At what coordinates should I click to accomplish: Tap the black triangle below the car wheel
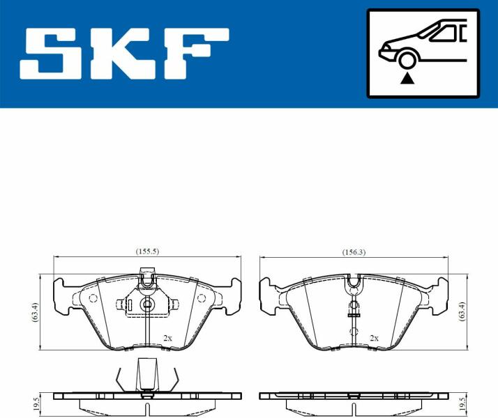[407, 78]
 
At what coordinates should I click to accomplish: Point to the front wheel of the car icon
[407, 60]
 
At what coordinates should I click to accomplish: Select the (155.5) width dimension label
[147, 251]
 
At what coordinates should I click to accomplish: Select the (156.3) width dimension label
[354, 252]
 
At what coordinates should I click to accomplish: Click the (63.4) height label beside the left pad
[35, 312]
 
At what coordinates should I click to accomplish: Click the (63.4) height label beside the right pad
[462, 311]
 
